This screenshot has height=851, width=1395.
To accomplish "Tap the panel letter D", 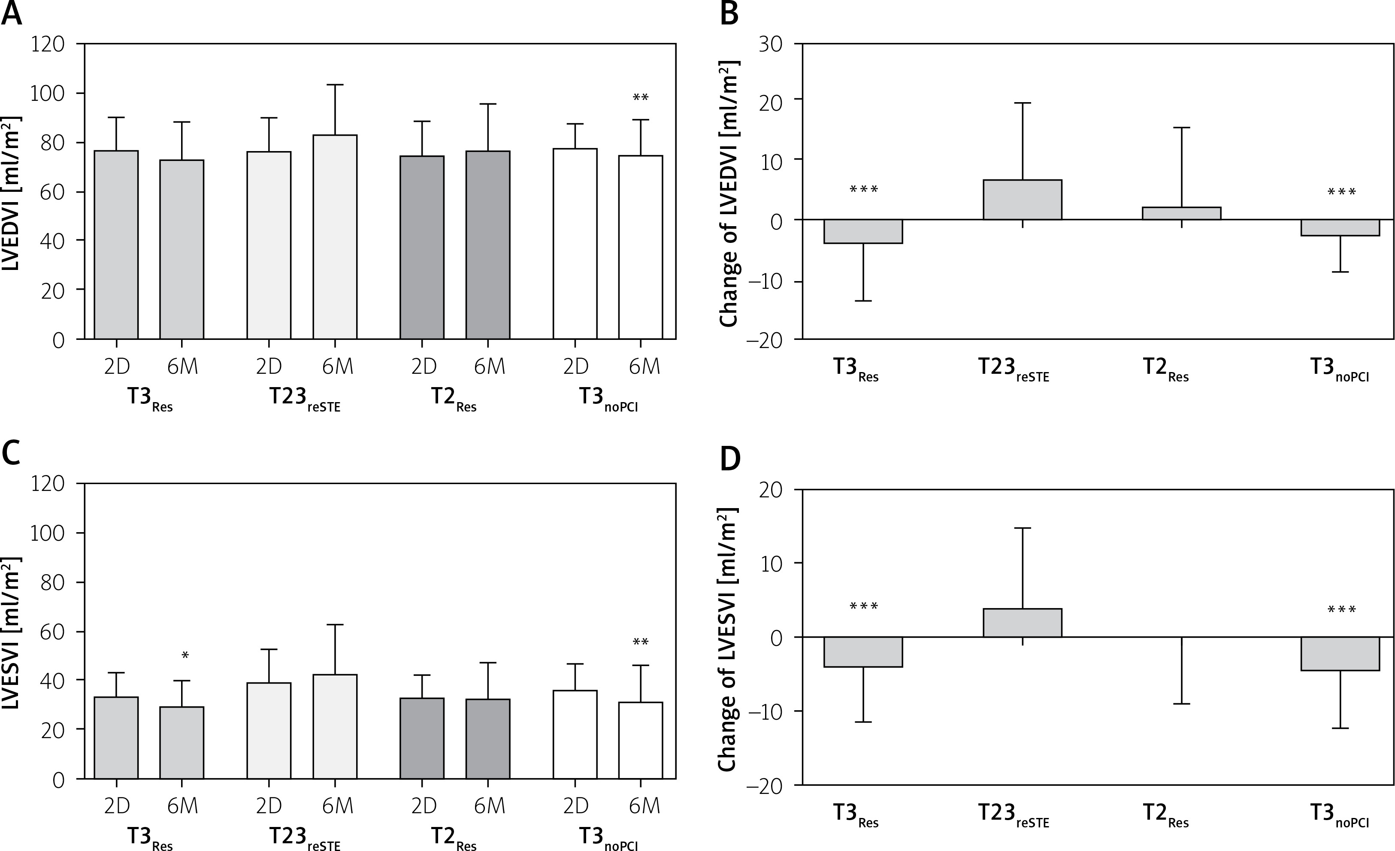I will tap(730, 459).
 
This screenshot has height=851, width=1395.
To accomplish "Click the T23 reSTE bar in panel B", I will tap(1022, 199).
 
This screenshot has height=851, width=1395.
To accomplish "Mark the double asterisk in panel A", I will tap(640, 97).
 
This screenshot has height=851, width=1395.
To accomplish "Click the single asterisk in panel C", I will tap(185, 656).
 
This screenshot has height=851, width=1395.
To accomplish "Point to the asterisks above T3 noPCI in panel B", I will tap(1341, 193).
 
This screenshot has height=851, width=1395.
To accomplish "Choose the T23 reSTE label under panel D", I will tap(1014, 815).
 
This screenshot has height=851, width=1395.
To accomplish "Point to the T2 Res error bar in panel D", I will tap(1182, 671).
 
